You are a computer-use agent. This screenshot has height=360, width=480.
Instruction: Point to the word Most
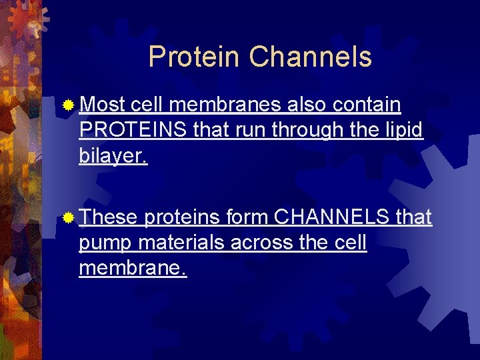pos(103,105)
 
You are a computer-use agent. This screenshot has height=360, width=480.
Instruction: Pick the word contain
pos(366,105)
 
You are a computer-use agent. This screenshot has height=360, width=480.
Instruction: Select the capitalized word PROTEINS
pos(133,130)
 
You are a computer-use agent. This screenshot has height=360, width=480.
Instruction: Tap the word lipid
pos(404,130)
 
